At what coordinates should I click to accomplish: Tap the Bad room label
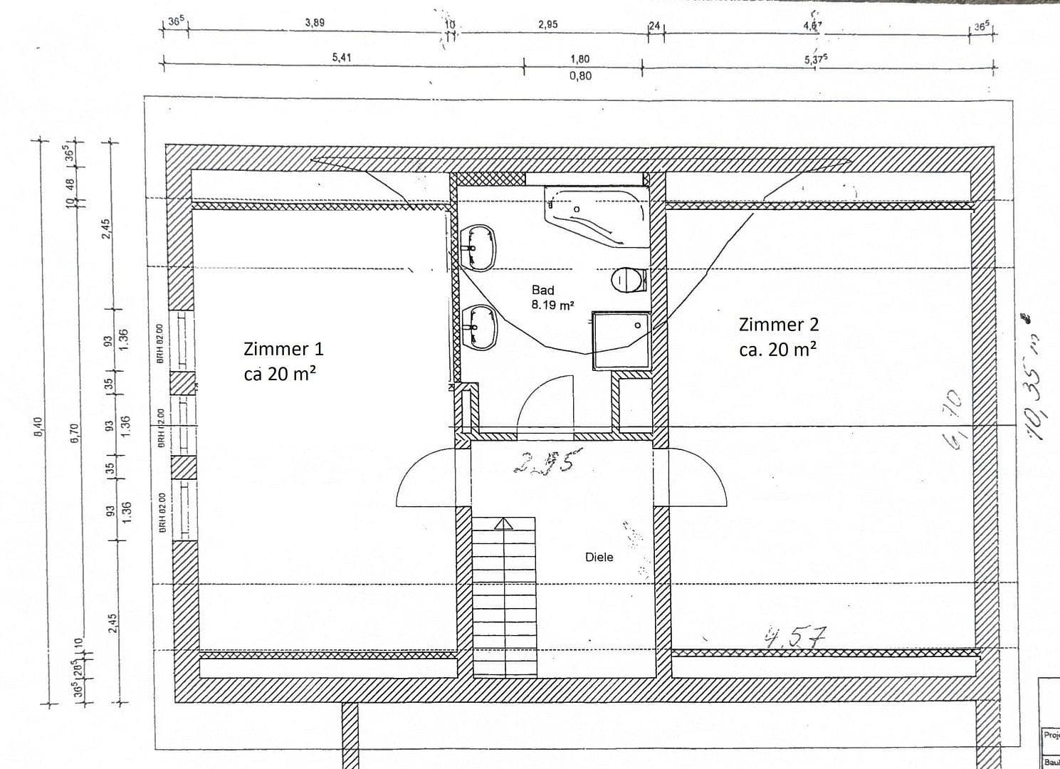coord(542,290)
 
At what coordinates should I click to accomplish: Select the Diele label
coord(599,557)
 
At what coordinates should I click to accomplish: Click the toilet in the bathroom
coord(627,279)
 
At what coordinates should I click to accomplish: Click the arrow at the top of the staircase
coord(504,524)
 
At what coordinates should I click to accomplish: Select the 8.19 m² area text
coord(552,305)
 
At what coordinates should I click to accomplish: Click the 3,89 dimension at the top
coord(315,23)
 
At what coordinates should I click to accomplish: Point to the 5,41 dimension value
coord(342,58)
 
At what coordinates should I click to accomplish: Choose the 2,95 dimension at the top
coord(548,23)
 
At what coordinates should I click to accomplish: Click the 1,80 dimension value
coord(579,59)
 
